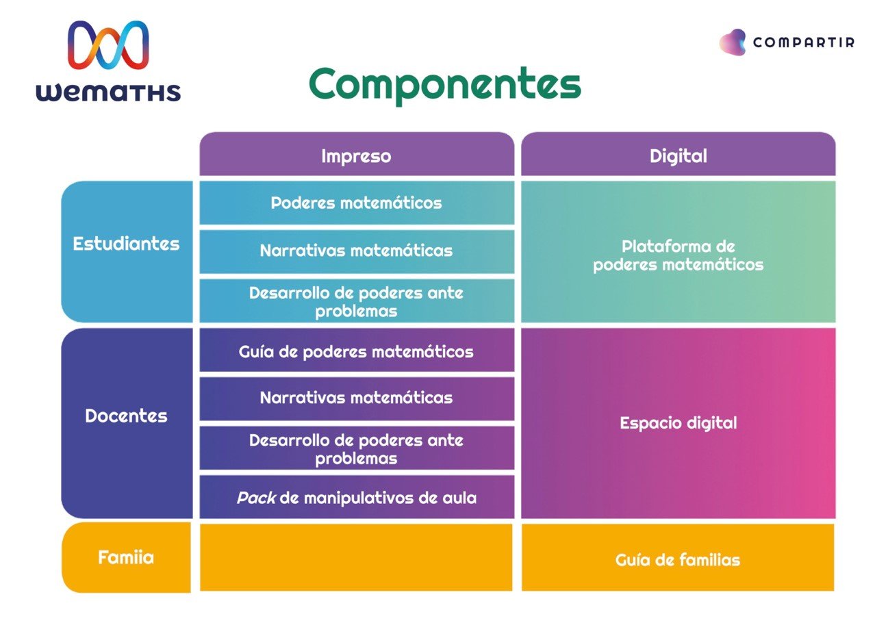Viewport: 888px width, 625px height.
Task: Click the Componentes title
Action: click(445, 85)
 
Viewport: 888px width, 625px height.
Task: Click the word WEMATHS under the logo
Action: click(108, 92)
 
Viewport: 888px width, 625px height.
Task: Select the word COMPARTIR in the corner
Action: click(804, 42)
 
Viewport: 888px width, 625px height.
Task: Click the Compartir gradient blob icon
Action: click(733, 42)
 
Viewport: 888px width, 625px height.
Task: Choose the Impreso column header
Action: click(357, 154)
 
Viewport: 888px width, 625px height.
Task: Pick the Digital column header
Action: click(678, 154)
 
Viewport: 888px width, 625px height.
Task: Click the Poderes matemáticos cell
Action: click(357, 203)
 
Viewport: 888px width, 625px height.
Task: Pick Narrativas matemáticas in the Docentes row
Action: click(357, 398)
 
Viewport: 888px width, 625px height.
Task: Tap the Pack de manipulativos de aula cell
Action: click(357, 497)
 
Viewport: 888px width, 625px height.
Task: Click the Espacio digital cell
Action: click(678, 423)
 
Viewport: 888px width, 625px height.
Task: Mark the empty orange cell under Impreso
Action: click(356, 558)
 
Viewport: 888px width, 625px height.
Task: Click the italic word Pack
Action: click(256, 498)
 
